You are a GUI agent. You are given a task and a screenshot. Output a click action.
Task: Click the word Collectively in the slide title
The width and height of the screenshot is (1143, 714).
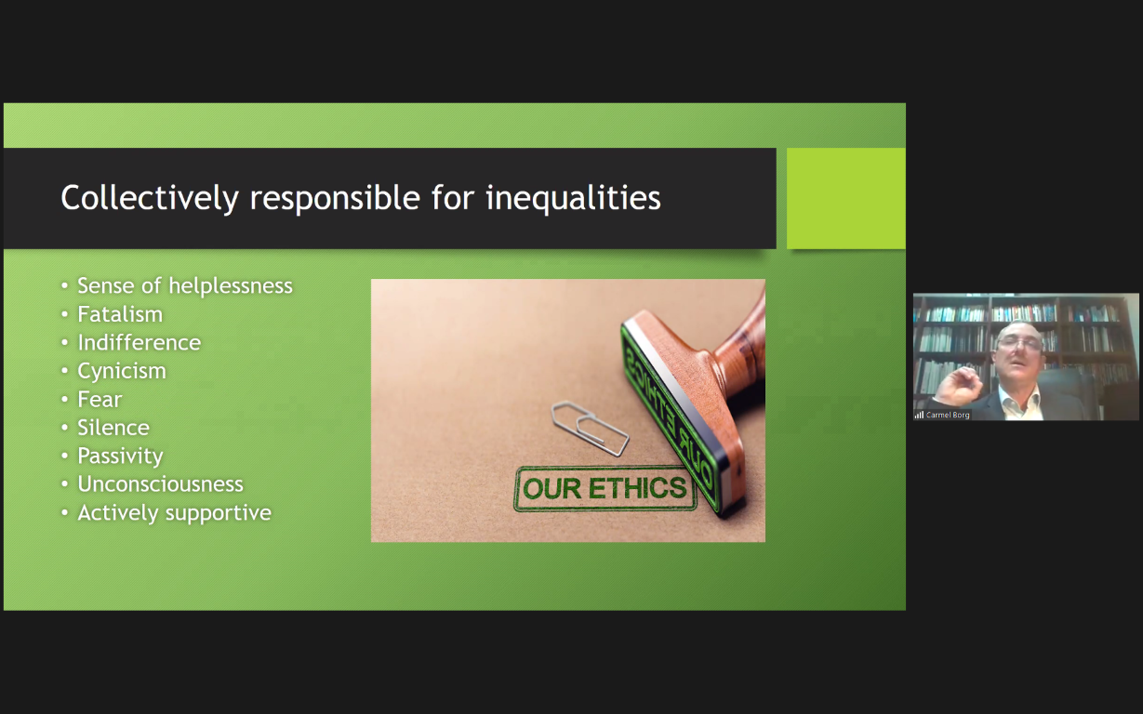point(150,198)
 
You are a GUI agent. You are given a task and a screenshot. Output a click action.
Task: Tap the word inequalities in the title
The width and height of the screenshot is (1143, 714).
point(573,198)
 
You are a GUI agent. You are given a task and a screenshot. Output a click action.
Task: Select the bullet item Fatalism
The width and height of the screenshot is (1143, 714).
point(120,314)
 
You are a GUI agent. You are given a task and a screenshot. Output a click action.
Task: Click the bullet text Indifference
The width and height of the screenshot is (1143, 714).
point(139,342)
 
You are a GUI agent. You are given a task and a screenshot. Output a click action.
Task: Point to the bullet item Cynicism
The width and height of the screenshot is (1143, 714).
point(122,371)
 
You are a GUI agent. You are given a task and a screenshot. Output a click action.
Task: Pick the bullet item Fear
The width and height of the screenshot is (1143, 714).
point(100,400)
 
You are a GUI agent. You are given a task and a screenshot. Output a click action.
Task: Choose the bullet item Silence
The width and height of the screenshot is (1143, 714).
point(113,428)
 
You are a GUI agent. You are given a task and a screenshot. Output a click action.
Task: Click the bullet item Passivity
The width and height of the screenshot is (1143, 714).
point(120,456)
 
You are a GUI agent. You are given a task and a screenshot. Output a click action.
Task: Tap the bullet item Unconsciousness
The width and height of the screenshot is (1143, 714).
point(160,484)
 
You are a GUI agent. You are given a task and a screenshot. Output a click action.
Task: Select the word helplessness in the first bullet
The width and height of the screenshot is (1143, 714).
point(231,285)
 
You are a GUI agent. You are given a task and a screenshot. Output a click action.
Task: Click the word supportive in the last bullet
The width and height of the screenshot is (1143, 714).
point(222,513)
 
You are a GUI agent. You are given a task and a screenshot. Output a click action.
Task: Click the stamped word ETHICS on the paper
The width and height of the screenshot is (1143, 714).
point(637,488)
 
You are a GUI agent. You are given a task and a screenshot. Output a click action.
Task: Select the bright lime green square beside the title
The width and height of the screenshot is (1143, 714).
point(846,198)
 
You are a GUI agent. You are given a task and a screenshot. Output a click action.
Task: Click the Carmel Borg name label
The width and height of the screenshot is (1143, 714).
point(948,416)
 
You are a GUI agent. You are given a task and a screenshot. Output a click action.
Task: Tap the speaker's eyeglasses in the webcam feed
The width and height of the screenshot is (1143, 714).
point(1019,344)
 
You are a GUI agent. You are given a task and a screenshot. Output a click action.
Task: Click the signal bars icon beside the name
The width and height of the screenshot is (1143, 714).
point(919,416)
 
